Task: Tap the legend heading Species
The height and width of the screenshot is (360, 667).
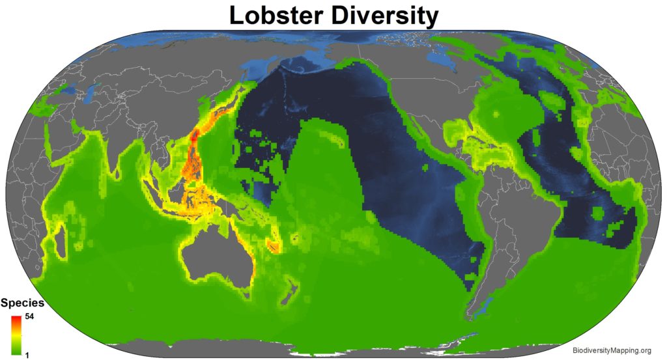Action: [22, 303]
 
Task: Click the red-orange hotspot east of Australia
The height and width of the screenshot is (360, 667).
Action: [274, 246]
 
